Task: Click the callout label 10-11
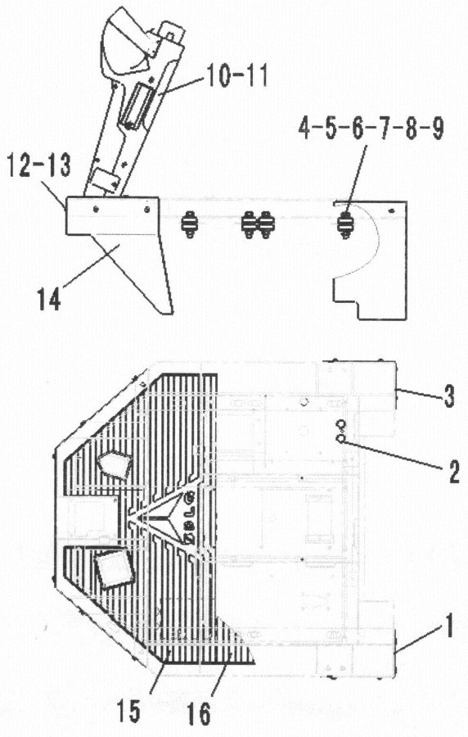(x=237, y=75)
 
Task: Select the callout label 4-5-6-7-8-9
(x=371, y=129)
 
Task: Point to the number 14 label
(x=50, y=298)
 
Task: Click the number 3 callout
(x=448, y=397)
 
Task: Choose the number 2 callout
(x=453, y=472)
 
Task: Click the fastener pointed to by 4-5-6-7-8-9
(x=346, y=226)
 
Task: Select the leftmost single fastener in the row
(x=189, y=224)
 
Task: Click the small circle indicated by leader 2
(x=341, y=439)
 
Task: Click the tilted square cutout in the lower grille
(x=115, y=568)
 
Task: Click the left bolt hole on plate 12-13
(x=96, y=210)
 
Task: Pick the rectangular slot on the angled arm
(x=137, y=106)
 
